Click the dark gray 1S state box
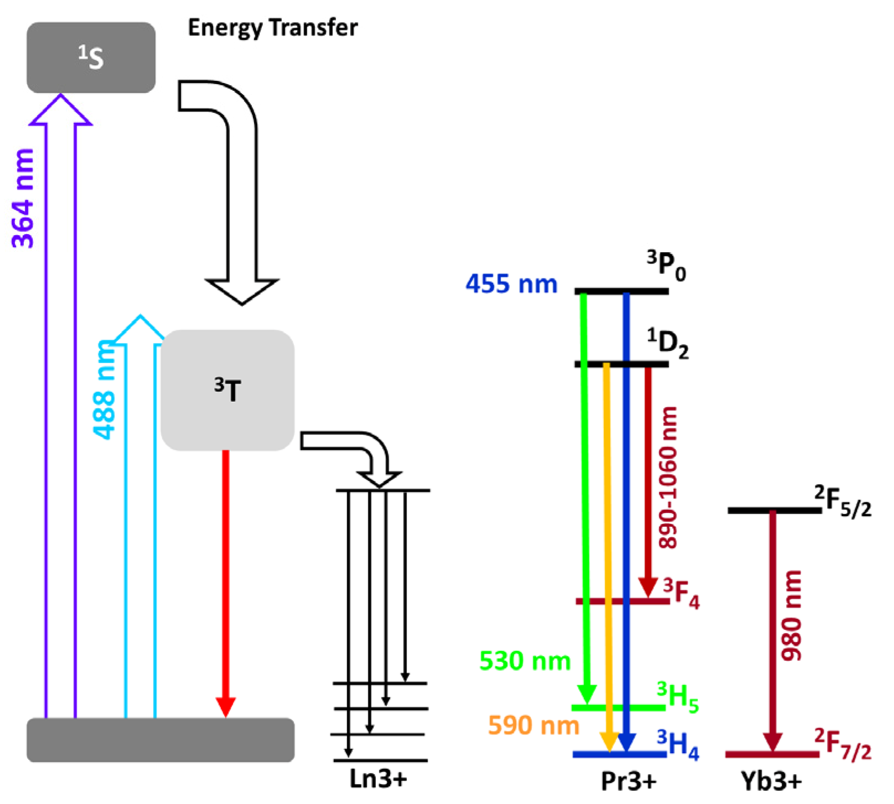91,58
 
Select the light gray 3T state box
227,390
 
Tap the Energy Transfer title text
272,28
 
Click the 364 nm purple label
23,198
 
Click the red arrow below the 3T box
225,581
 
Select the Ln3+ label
378,779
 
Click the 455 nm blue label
511,284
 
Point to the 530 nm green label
524,661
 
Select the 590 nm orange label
533,725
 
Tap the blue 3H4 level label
678,745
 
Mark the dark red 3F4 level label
681,594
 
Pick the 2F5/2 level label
843,501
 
